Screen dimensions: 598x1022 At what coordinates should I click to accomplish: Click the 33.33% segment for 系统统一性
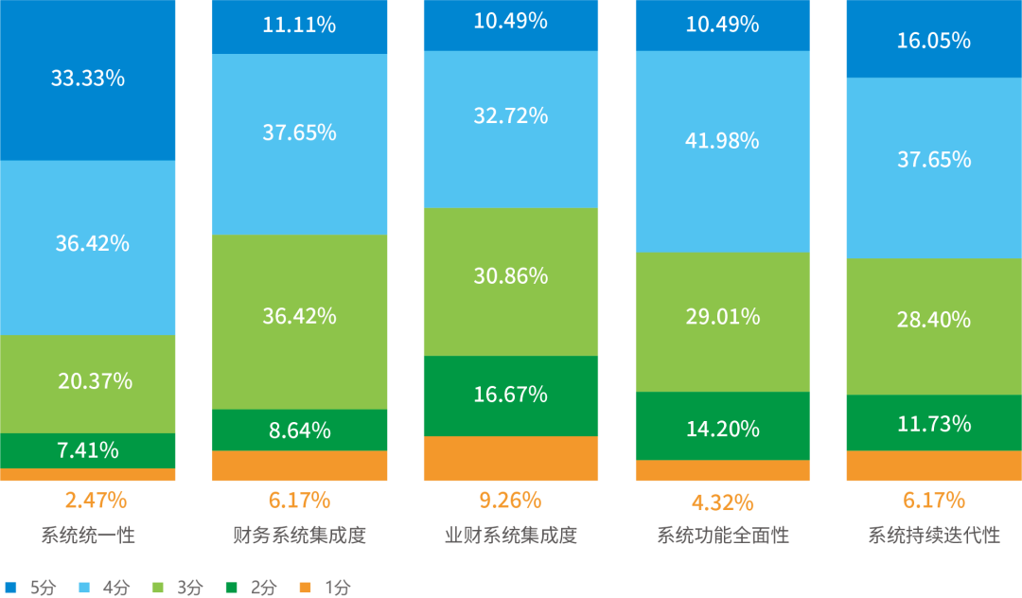pos(88,79)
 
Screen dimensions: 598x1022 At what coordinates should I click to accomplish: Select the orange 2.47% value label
pos(96,500)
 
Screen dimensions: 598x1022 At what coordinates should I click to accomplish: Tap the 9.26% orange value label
pos(510,500)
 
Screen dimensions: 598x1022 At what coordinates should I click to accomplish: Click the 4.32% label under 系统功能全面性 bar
pos(722,501)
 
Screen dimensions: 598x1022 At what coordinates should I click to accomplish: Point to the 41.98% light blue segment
pos(722,141)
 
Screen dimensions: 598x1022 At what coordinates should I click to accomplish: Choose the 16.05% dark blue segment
pos(933,41)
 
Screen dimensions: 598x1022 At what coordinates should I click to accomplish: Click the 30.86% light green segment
pos(510,276)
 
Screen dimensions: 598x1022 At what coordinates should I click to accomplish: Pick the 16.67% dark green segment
pos(510,395)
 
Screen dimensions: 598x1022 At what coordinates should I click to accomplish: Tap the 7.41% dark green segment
pos(88,450)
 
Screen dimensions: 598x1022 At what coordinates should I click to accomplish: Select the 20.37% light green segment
pos(88,381)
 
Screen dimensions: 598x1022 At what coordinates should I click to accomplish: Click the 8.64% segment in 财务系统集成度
pos(299,431)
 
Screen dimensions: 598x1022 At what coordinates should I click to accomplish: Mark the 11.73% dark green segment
pos(933,423)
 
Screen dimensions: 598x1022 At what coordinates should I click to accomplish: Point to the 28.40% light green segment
pos(933,320)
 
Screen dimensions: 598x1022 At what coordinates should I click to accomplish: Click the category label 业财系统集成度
pos(510,536)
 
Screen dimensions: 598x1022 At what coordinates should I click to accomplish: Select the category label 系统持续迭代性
pos(933,536)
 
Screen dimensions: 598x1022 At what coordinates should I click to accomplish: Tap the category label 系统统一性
pos(88,536)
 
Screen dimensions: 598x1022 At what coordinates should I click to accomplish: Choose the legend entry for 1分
pos(326,588)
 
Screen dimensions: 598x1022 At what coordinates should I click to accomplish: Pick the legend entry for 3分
pos(179,588)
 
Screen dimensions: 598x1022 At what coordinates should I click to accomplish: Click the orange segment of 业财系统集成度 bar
pos(510,459)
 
